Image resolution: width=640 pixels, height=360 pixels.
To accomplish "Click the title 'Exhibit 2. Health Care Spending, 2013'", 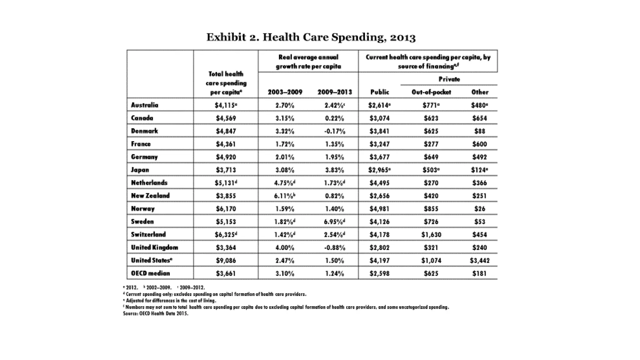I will (x=311, y=37).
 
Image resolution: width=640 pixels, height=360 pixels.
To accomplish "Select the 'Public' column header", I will (x=380, y=92).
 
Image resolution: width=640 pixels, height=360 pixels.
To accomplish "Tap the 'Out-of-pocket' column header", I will (x=431, y=92).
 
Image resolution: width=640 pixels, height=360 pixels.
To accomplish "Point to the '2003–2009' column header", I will (x=285, y=92).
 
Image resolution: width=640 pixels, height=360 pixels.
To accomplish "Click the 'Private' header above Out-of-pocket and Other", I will (x=449, y=79).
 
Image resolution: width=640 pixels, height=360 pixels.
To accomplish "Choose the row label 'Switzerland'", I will (x=148, y=234).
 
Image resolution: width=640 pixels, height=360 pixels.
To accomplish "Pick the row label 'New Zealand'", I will (x=150, y=196).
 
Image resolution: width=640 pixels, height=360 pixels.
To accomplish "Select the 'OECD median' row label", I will (x=150, y=273).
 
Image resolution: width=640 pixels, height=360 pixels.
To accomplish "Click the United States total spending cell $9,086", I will (x=226, y=260).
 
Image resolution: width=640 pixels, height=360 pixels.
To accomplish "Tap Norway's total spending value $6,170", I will (x=226, y=209).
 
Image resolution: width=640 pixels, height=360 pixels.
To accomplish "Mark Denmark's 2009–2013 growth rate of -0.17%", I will (x=334, y=131).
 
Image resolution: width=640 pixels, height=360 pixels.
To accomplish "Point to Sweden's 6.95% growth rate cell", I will (x=334, y=222).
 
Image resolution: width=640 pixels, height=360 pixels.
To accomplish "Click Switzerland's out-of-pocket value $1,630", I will (x=431, y=234).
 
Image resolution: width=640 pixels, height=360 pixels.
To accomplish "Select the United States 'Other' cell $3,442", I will (x=480, y=260).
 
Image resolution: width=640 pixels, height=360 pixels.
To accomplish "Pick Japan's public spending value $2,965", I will (x=380, y=170).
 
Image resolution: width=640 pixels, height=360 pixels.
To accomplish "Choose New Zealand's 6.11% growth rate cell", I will (x=285, y=196).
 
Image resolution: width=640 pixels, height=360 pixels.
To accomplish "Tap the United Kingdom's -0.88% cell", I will (x=334, y=247).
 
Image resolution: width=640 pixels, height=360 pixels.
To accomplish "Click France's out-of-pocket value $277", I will (x=431, y=144).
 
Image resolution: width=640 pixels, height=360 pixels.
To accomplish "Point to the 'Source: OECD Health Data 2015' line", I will (x=156, y=313).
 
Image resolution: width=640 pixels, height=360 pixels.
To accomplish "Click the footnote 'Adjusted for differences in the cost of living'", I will (x=170, y=301).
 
